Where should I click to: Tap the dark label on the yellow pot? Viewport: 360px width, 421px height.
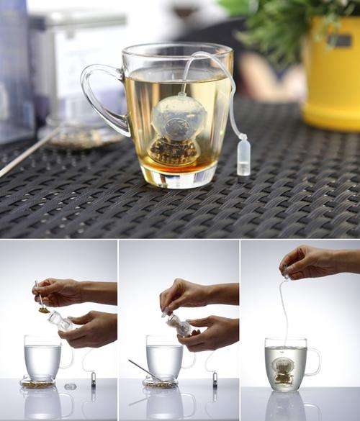click(338, 40)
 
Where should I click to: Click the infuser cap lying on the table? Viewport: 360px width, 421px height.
click(70, 386)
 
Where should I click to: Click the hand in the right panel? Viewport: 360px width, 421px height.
click(310, 263)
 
